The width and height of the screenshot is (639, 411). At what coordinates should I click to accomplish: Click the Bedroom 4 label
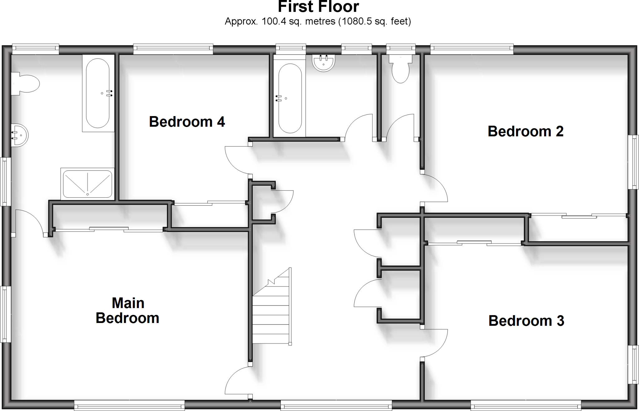pos(187,122)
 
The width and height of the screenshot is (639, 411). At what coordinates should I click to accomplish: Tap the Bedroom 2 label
pos(525,131)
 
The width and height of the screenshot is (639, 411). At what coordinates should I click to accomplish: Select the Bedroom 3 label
pos(526,321)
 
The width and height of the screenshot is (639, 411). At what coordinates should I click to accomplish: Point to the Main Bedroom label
pos(128,311)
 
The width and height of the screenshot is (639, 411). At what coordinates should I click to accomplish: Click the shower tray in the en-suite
pos(87,184)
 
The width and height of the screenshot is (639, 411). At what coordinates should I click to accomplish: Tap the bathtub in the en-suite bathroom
pos(98,93)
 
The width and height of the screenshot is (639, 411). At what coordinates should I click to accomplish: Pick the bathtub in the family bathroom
pos(290,99)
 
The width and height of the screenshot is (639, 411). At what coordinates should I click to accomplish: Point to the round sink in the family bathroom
pos(324,63)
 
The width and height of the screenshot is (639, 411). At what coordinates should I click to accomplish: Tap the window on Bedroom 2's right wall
pos(633,162)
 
